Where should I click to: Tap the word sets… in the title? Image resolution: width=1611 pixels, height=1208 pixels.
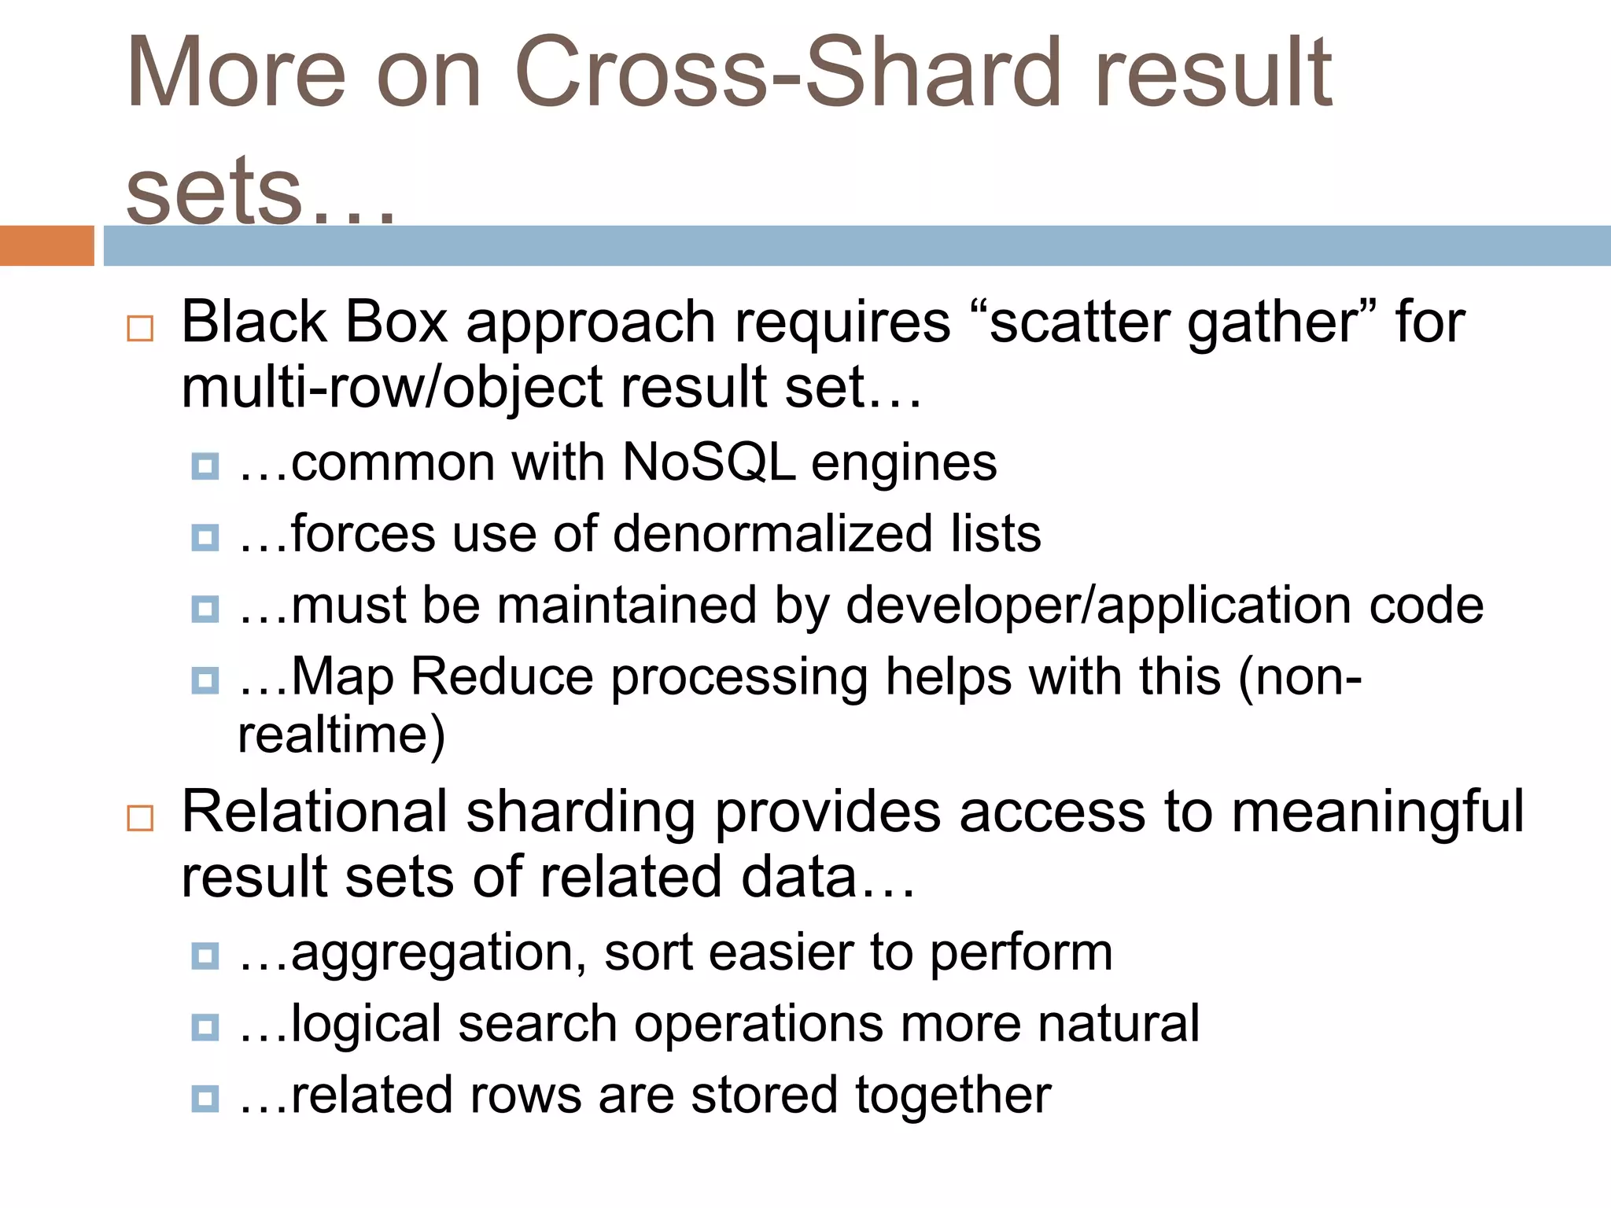point(260,193)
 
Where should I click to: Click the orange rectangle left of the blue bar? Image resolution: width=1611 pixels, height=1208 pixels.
point(46,245)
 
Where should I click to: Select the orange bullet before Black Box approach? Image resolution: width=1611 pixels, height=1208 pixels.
point(140,328)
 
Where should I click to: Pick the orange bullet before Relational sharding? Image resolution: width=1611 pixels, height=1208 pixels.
point(140,818)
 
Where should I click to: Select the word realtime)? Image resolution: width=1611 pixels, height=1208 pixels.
point(341,735)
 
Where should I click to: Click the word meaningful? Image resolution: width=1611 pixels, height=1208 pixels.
point(1377,812)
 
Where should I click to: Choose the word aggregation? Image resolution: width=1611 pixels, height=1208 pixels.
point(437,954)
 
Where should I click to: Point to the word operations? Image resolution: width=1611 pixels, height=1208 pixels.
point(758,1025)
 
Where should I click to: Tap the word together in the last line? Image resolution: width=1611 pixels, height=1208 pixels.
point(953,1096)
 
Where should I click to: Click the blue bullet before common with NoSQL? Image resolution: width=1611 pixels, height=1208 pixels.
point(205,466)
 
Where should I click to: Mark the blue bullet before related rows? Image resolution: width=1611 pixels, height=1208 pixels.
point(205,1099)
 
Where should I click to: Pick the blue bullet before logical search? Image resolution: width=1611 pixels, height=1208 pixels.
point(205,1027)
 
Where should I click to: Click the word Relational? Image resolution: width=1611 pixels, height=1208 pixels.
point(314,812)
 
